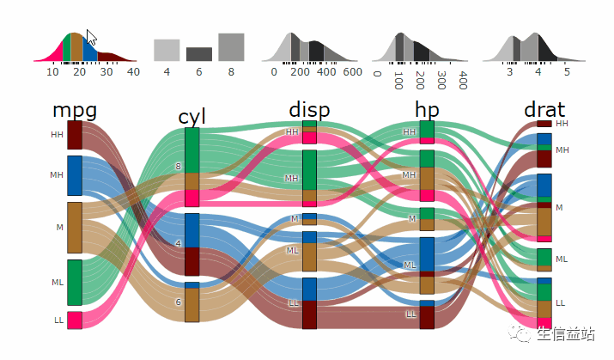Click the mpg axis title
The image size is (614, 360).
point(74,110)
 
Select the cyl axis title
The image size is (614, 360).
point(191,117)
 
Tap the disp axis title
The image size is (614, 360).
point(309,109)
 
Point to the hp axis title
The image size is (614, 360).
point(427,109)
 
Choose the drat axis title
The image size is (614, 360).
point(544,109)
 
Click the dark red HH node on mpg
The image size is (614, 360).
point(75,135)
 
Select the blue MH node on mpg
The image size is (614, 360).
point(75,175)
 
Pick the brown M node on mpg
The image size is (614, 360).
point(75,227)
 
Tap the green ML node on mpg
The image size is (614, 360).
point(75,282)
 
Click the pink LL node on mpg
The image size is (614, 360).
point(75,320)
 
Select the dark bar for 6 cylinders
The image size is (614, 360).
point(198,54)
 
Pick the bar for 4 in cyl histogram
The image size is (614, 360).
point(167,50)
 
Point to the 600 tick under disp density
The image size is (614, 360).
point(352,72)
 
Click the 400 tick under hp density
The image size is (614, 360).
point(463,81)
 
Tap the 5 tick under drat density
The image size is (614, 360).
point(567,72)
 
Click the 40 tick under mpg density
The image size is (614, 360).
point(132,72)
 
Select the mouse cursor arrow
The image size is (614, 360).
point(92,40)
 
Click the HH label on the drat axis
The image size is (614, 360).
point(562,124)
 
